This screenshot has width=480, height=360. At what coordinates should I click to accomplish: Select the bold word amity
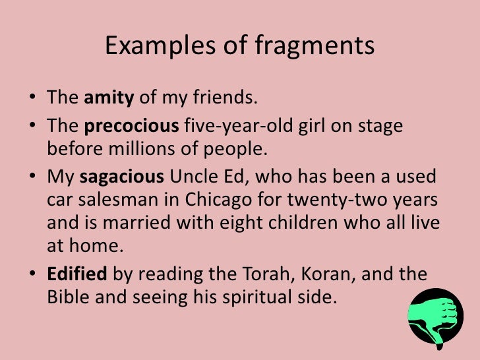click(109, 99)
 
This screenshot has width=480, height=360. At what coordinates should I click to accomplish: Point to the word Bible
click(68, 297)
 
